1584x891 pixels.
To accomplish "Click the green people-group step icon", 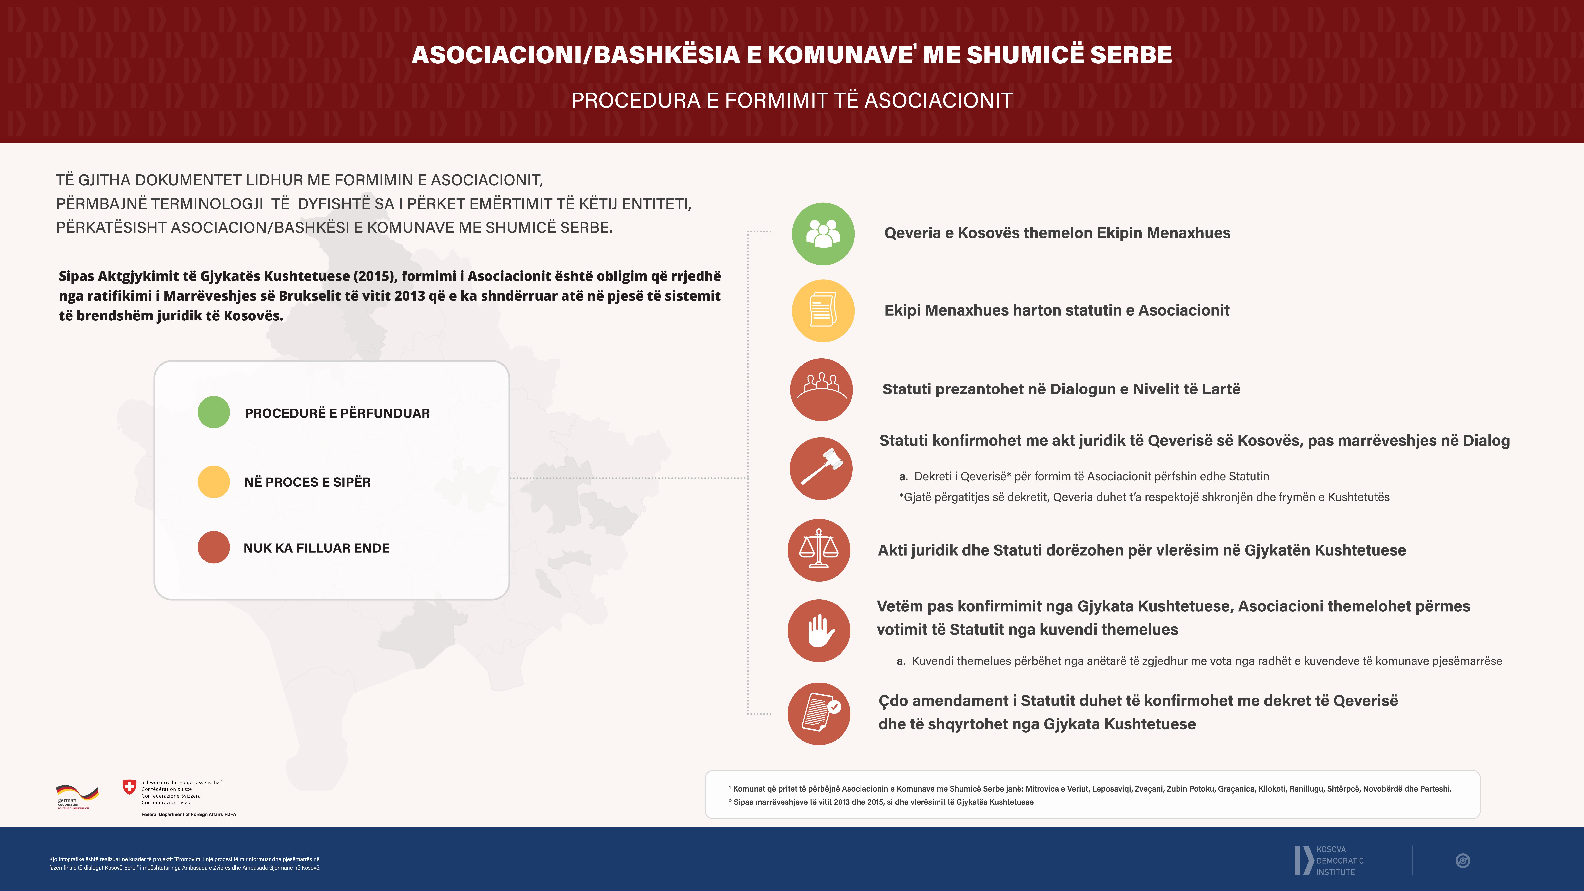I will tap(823, 234).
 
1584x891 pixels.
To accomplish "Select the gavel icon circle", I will tap(821, 468).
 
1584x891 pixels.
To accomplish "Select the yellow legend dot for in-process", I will tap(213, 482).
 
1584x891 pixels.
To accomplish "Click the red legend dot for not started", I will tap(213, 547).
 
